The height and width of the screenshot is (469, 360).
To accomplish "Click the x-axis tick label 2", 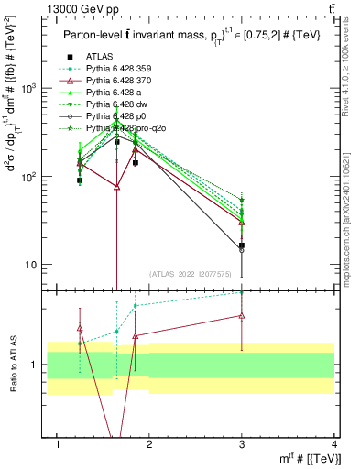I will (x=149, y=444).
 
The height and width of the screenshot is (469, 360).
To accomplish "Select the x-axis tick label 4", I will (x=334, y=444).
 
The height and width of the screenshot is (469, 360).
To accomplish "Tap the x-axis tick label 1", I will (x=58, y=444).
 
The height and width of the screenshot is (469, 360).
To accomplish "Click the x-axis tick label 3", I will (x=242, y=444).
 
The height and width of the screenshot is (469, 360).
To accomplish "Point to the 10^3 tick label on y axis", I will (x=33, y=88).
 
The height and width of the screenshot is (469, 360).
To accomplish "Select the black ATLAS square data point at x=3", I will (x=242, y=245).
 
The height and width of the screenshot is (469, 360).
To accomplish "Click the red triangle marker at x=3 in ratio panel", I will (x=242, y=315).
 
